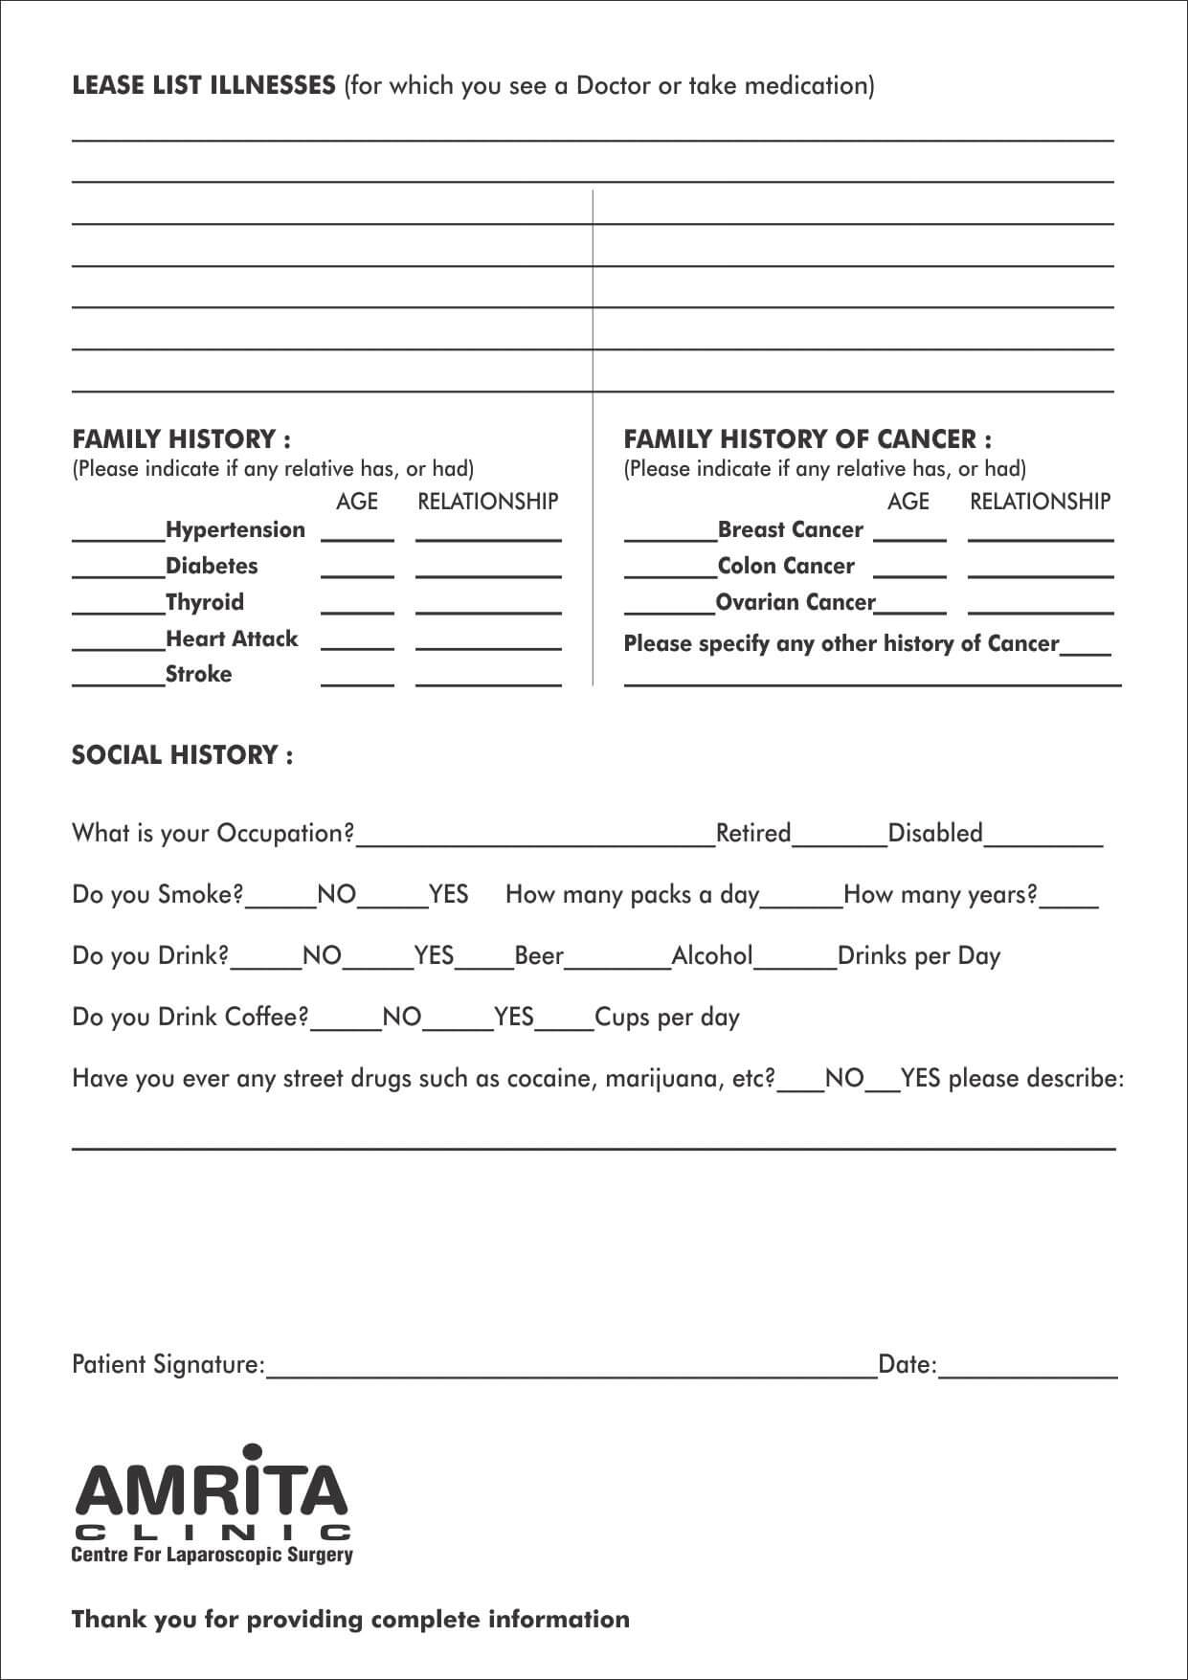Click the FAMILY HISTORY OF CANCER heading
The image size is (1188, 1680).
coord(807,439)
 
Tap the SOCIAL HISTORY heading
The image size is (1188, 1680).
coord(182,755)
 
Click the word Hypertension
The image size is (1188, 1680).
coord(235,530)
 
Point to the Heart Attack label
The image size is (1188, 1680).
coord(232,638)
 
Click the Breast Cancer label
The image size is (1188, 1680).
coord(790,530)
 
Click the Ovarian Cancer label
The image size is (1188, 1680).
coord(796,602)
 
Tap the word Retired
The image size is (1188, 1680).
coord(753,834)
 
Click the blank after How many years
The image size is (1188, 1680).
coord(1069,902)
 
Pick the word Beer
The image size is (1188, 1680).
coord(539,956)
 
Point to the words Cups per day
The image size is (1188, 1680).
coord(667,1018)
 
